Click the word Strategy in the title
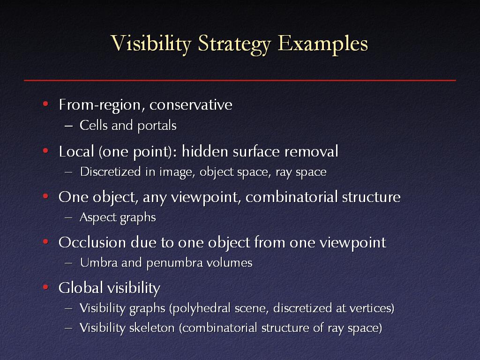234,45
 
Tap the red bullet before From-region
45,104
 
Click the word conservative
191,105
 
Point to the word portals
157,126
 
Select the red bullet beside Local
45,151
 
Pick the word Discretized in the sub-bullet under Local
110,172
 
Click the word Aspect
98,217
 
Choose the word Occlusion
92,242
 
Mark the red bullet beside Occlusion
45,242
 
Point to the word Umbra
99,262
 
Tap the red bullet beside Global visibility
45,287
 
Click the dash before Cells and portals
69,126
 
